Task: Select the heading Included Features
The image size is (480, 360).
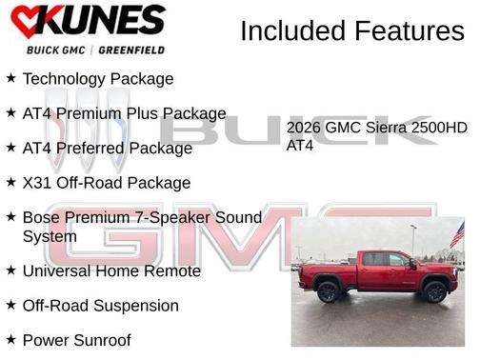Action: point(351,30)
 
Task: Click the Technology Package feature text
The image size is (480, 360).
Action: point(97,79)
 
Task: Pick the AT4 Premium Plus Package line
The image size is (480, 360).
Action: point(124,113)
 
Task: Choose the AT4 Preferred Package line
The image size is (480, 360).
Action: point(107,148)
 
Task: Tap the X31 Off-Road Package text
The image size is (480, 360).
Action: point(106,182)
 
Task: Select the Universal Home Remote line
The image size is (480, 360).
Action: point(111,270)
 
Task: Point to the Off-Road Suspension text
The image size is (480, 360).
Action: point(100,305)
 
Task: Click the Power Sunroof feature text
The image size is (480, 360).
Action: point(76,339)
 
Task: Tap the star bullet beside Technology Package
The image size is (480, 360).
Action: point(10,78)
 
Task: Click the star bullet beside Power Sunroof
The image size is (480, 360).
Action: point(10,338)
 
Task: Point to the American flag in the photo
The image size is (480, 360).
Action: point(457,234)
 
